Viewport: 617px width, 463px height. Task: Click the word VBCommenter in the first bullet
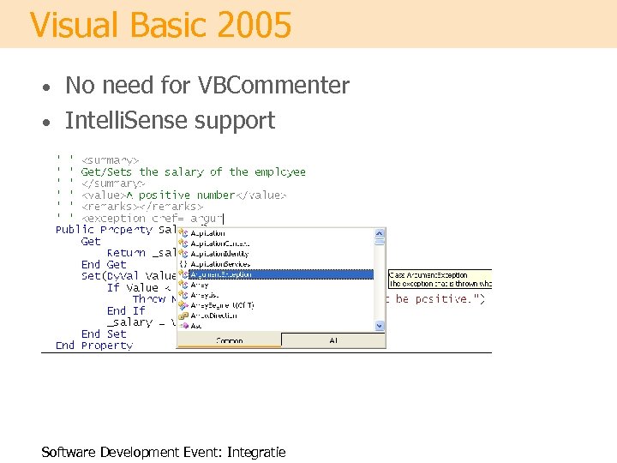(273, 86)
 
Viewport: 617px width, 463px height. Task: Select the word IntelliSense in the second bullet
(126, 121)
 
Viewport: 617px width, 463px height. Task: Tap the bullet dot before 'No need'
(51, 87)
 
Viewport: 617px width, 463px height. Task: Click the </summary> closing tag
(113, 183)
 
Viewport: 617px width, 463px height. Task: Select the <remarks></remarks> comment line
(141, 206)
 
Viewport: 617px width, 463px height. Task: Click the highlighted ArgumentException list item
(274, 274)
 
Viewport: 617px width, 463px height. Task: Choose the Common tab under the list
(229, 340)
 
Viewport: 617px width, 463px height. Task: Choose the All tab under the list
(333, 340)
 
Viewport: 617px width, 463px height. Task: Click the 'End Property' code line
(94, 346)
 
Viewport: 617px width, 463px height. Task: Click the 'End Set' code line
(104, 334)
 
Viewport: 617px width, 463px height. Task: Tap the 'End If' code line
(127, 310)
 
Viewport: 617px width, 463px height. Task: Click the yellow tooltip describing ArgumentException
(440, 279)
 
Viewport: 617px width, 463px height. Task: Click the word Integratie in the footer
(256, 452)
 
